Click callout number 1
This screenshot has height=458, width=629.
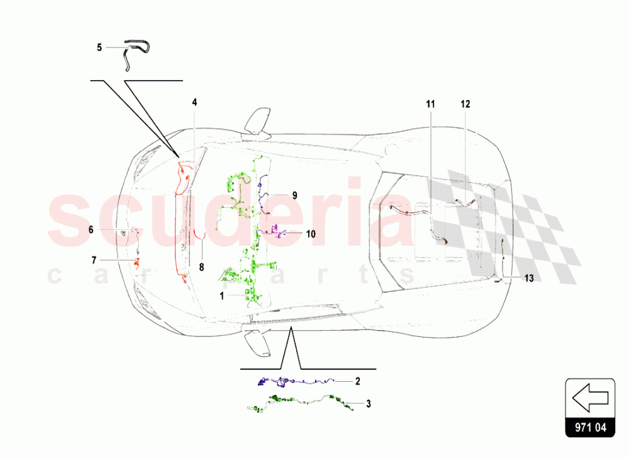pos(221,294)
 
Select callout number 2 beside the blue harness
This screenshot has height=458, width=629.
pos(358,381)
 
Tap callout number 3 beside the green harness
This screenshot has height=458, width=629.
pos(368,404)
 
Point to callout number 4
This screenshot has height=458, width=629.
pos(194,101)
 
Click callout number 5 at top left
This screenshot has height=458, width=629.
pos(99,47)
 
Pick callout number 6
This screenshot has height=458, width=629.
pos(91,230)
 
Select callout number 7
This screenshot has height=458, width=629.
pos(94,260)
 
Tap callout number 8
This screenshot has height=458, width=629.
pos(201,267)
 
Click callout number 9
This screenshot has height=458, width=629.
pos(294,195)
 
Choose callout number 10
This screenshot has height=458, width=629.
pos(311,233)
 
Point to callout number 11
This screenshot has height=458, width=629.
pos(430,105)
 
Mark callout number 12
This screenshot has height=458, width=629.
pos(465,105)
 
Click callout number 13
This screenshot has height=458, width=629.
pos(528,278)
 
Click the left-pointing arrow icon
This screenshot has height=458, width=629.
pos(589,398)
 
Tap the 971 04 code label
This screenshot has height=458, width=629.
pos(589,428)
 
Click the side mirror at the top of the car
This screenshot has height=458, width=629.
pos(258,121)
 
